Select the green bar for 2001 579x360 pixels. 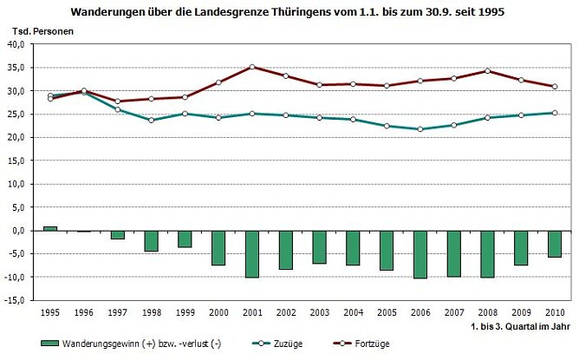tap(252, 253)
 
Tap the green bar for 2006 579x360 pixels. tap(420, 254)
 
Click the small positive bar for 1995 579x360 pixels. tap(50, 228)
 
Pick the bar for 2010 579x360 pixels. tap(555, 244)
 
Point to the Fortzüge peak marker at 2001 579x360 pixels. tap(252, 67)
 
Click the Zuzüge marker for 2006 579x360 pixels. tap(420, 129)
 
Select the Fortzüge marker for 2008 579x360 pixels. tap(488, 71)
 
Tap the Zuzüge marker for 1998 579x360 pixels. tap(151, 120)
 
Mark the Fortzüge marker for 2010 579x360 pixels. tap(555, 86)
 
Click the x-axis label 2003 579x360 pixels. tap(319, 311)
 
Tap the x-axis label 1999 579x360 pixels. tap(185, 311)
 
